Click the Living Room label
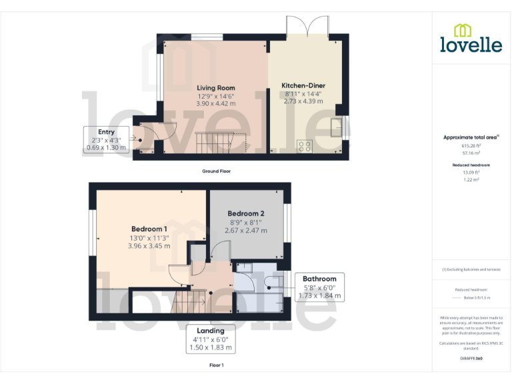pos(215,88)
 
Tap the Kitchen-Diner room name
pos(303,86)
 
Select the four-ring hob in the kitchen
pos(305,145)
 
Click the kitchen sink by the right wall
pos(336,126)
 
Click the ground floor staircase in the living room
pos(214,141)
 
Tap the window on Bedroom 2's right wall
pos(288,223)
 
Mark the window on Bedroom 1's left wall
pos(93,231)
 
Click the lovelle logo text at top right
pos(471,44)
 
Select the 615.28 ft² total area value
pos(471,145)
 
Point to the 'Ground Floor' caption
pos(216,171)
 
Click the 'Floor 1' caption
pos(216,365)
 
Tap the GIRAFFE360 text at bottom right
pos(471,359)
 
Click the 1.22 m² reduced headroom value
pos(471,179)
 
